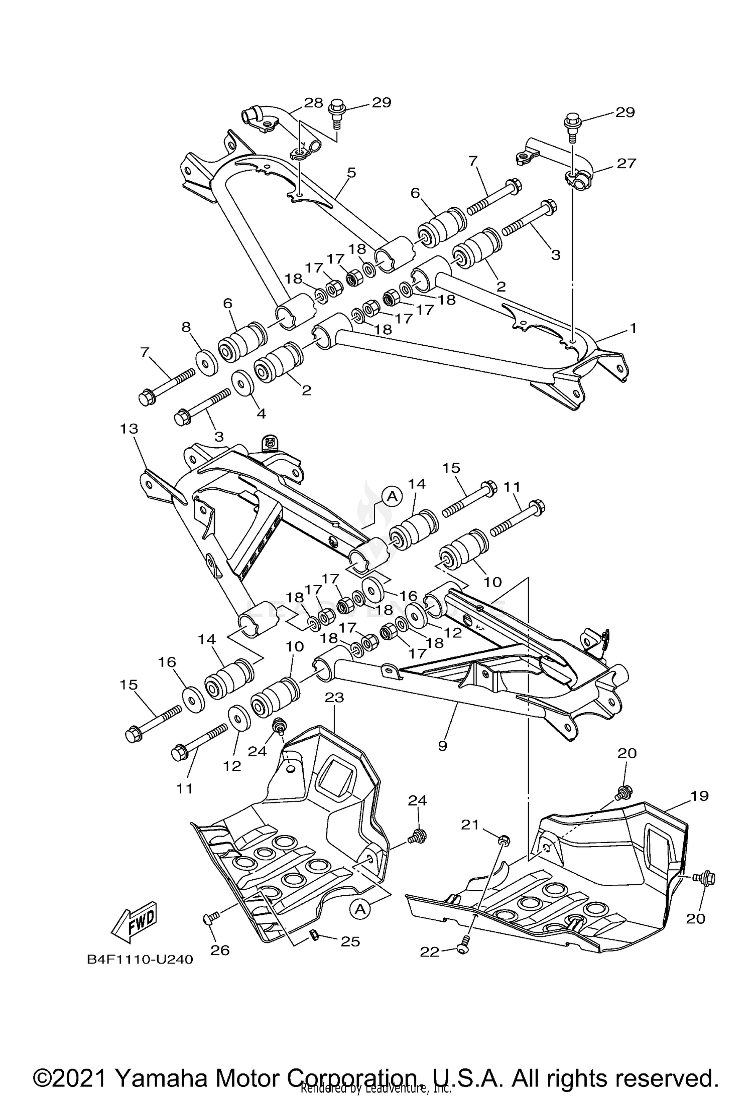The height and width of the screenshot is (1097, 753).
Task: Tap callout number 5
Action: (x=351, y=173)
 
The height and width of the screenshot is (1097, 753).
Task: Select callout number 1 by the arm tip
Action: (x=633, y=328)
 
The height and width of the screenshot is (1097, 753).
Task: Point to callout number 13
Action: (x=129, y=429)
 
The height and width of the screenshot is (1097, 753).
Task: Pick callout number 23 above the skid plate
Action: (x=334, y=697)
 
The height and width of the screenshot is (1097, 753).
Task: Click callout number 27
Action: (x=626, y=163)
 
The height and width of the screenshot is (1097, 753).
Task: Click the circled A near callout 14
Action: (x=393, y=496)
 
